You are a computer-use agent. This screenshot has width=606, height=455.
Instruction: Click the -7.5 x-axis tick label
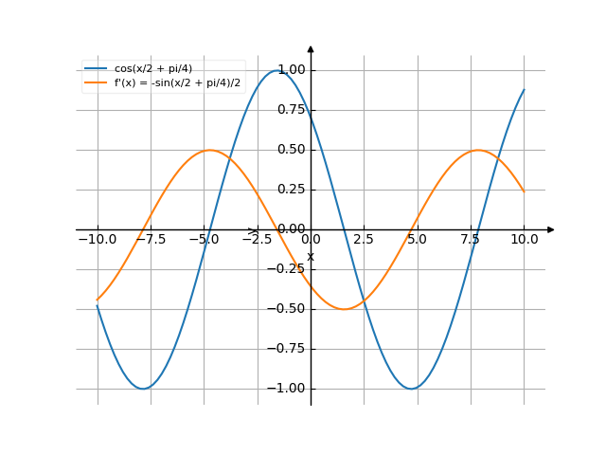pyautogui.click(x=150, y=240)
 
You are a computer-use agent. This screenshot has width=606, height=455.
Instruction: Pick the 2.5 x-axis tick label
pyautogui.click(x=364, y=240)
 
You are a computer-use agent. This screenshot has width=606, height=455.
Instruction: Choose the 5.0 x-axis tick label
pyautogui.click(x=418, y=240)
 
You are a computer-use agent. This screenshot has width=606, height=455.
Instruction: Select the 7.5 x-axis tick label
pyautogui.click(x=471, y=240)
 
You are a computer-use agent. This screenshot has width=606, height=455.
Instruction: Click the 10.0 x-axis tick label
pyautogui.click(x=524, y=240)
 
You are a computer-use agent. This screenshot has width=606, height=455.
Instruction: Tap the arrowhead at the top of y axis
pyautogui.click(x=311, y=47)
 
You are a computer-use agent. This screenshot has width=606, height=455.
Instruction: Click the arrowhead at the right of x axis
pyautogui.click(x=551, y=229)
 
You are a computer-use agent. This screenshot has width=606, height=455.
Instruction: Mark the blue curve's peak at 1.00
pyautogui.click(x=277, y=70)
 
